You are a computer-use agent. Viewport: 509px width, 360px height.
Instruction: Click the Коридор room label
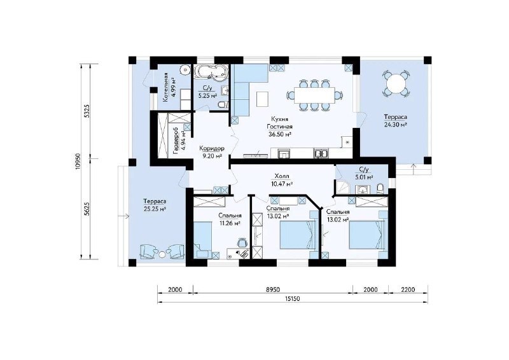pyautogui.click(x=212, y=148)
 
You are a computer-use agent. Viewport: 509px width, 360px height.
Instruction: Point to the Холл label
pyautogui.click(x=282, y=176)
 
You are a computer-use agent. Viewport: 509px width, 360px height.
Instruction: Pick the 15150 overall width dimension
pyautogui.click(x=293, y=299)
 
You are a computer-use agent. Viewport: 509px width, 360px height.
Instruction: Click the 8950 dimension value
pyautogui.click(x=273, y=289)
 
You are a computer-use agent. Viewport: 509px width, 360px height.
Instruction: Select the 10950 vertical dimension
pyautogui.click(x=77, y=162)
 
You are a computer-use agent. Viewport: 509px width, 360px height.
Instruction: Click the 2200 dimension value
pyautogui.click(x=408, y=289)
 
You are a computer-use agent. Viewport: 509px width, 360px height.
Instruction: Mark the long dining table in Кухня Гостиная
pyautogui.click(x=314, y=95)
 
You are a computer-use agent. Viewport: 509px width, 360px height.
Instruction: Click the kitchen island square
pyautogui.click(x=262, y=99)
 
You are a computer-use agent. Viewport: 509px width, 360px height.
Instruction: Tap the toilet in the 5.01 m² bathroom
pyautogui.click(x=380, y=188)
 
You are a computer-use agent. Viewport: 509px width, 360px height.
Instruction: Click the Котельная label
pyautogui.click(x=165, y=88)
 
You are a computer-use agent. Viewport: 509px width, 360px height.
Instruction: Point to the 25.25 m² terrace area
pyautogui.click(x=155, y=209)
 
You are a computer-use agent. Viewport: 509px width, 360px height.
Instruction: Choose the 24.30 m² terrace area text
pyautogui.click(x=395, y=124)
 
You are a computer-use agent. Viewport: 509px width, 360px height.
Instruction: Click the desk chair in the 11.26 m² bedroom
pyautogui.click(x=242, y=242)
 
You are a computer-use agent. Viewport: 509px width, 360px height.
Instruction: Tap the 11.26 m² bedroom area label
pyautogui.click(x=229, y=223)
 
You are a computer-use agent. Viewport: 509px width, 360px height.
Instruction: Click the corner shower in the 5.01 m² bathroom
pyautogui.click(x=343, y=187)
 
